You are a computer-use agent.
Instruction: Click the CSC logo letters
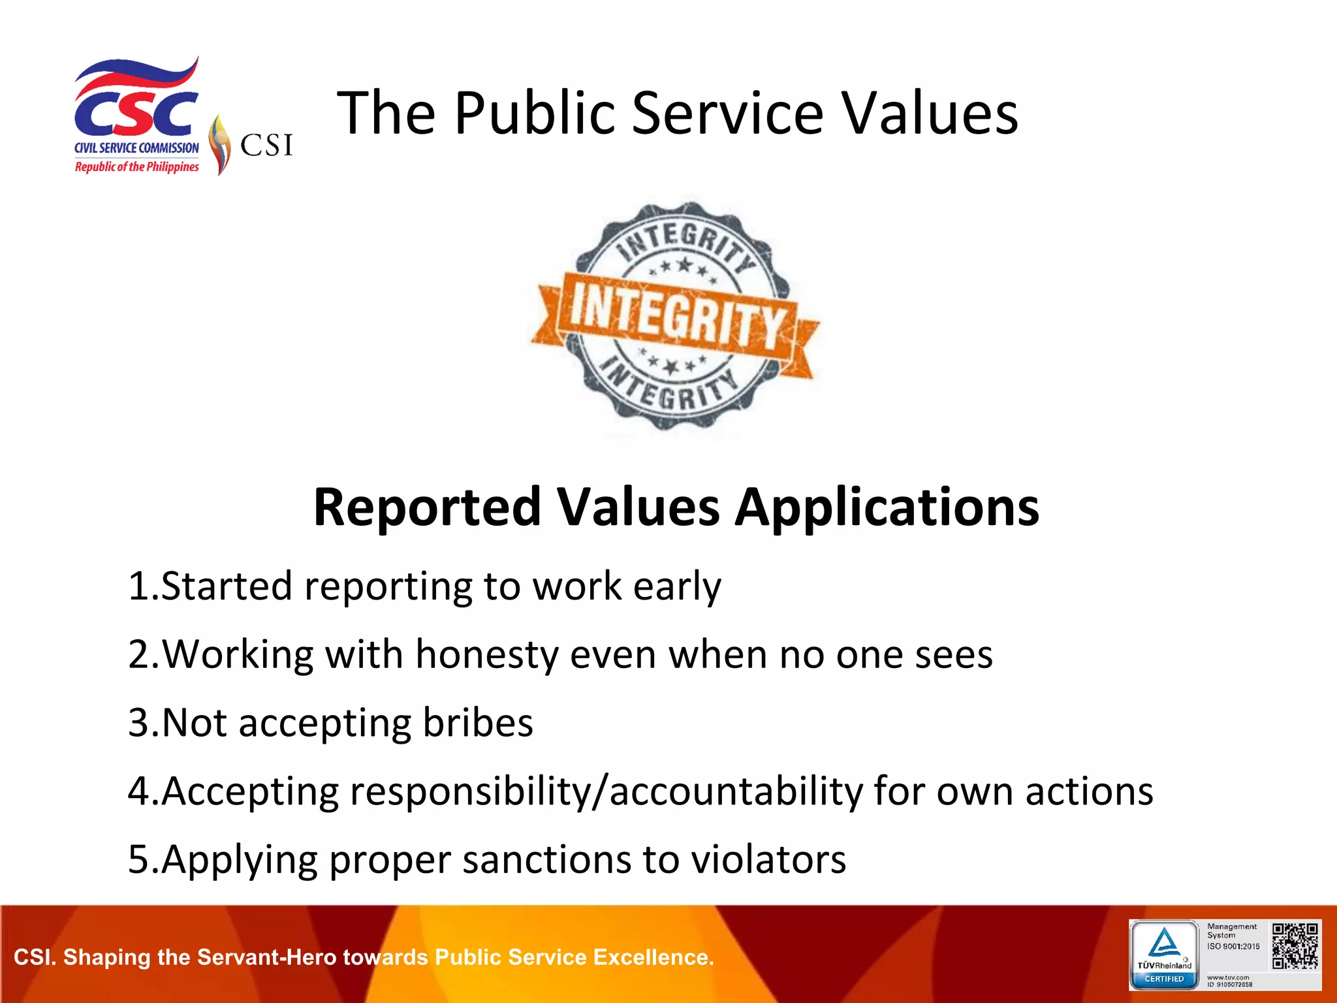(136, 113)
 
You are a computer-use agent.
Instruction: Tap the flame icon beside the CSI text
(220, 144)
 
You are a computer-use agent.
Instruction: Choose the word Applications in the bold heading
(887, 509)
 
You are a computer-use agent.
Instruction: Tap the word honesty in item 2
(486, 655)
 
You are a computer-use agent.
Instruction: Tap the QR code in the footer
(1295, 946)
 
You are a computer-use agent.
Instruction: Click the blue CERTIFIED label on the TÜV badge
(1164, 979)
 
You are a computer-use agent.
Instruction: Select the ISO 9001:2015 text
(1233, 946)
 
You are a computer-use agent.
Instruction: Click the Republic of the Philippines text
(136, 167)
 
